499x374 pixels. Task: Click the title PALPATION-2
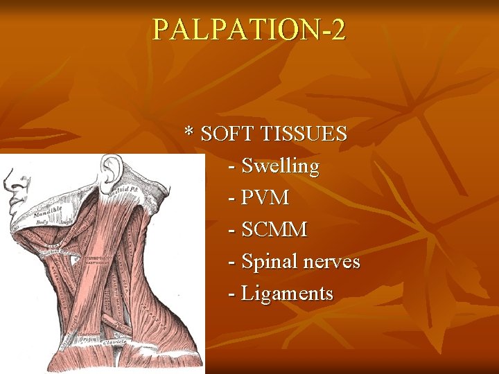[249, 30]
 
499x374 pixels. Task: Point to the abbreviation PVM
[265, 198]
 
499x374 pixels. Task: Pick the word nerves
[332, 262]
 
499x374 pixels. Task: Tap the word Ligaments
[287, 294]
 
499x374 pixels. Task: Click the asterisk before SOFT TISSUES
[189, 132]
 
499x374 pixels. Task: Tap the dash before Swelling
[231, 166]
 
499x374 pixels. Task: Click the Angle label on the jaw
[66, 222]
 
